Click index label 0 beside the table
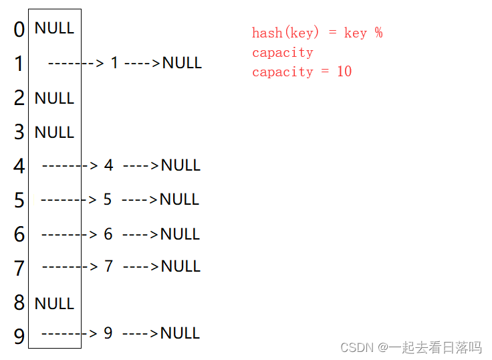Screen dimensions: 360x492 [x=19, y=29]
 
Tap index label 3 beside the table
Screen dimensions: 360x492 [x=19, y=132]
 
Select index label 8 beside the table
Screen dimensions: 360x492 [x=19, y=302]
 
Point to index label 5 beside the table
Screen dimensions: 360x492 [x=19, y=200]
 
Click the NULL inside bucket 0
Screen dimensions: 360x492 [x=54, y=28]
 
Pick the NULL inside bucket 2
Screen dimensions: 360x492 [x=54, y=98]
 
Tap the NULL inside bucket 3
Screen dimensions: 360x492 [x=54, y=132]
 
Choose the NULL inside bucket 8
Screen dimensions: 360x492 [x=54, y=304]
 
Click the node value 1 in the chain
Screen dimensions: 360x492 [x=114, y=63]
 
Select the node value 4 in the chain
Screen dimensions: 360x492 [x=109, y=165]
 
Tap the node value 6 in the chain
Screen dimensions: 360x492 [x=108, y=234]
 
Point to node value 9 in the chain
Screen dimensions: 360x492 [x=108, y=333]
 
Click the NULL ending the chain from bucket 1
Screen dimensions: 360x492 [x=182, y=63]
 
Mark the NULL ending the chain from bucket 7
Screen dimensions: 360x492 [x=180, y=266]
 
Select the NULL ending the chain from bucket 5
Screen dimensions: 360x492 [x=179, y=199]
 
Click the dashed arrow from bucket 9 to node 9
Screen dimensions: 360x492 [x=70, y=333]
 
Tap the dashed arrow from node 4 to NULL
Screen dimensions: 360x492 [x=141, y=165]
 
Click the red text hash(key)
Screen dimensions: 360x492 [x=286, y=33]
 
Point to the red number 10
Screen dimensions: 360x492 [x=344, y=72]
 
